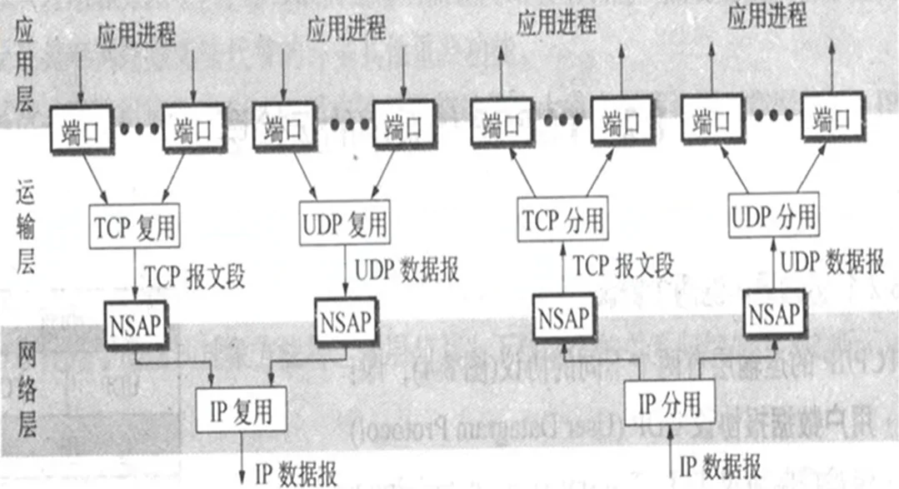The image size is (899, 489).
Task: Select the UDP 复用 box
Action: coord(342,223)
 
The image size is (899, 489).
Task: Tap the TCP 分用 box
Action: coord(563,220)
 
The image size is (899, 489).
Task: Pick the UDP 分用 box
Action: coord(772,217)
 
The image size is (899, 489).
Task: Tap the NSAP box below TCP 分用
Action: coord(565,317)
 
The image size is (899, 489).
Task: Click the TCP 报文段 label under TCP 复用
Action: coord(195,276)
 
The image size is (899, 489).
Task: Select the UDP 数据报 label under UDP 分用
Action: coord(832,263)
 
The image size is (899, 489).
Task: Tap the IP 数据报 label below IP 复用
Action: coord(296,474)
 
